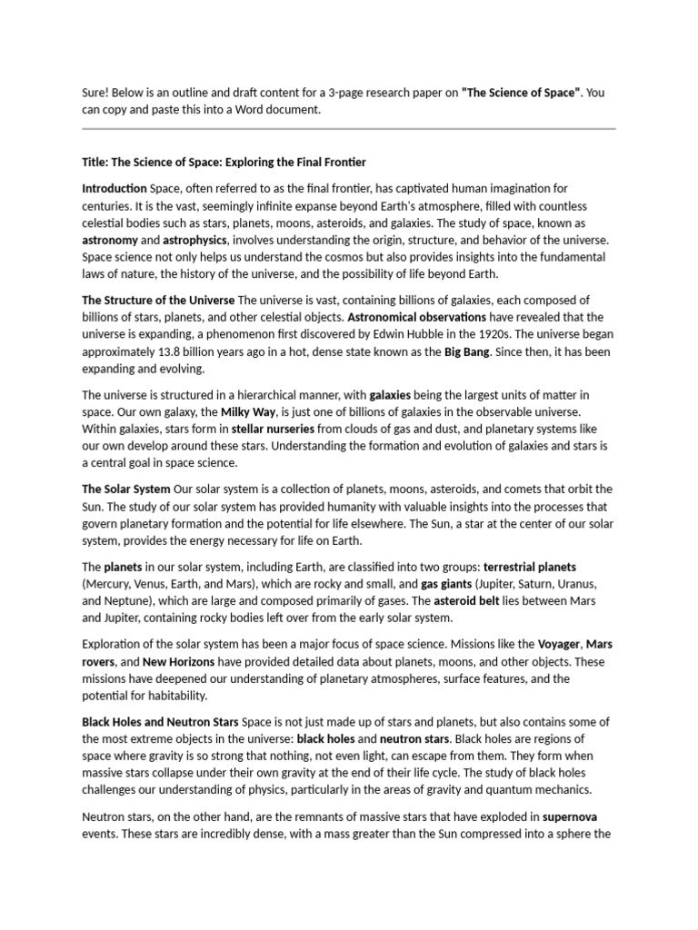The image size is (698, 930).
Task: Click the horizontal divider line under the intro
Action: (349, 129)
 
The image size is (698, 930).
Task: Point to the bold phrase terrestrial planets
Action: (530, 567)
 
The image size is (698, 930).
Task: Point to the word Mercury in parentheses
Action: (110, 584)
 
